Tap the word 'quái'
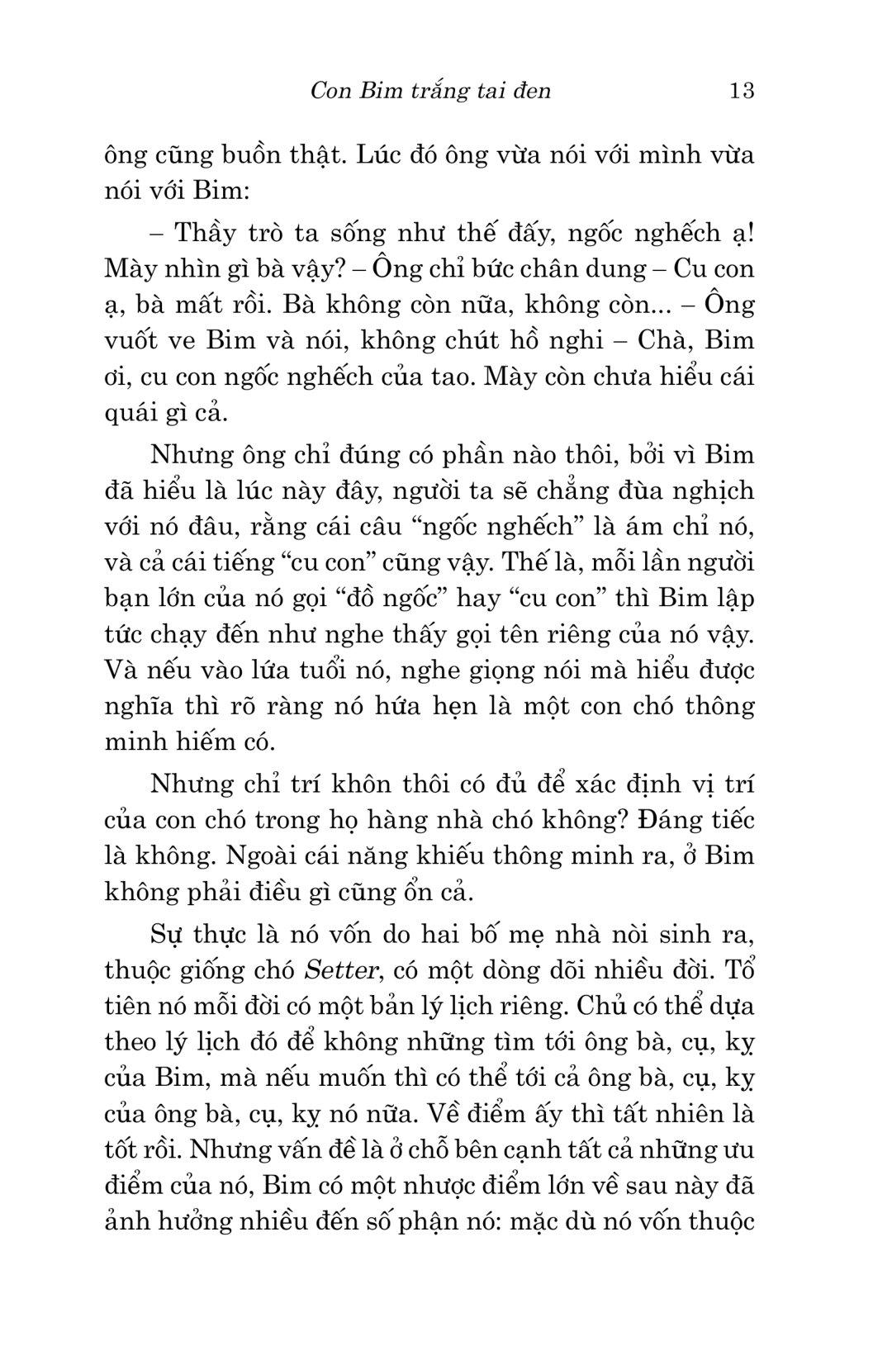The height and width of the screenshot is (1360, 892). [x=130, y=413]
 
